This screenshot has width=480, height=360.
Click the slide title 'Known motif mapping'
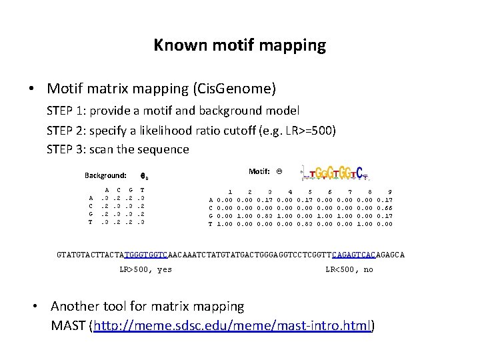pos(239,45)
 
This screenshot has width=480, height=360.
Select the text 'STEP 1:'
pos(67,110)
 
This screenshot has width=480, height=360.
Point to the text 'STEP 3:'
pos(67,149)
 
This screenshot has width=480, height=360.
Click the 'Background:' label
pos(105,176)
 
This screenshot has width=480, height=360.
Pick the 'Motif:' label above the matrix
pos(259,171)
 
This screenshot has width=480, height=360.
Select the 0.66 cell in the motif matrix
pos(385,207)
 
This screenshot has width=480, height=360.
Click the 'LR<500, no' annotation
pos(349,269)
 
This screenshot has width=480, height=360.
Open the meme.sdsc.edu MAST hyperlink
pos(233,326)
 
